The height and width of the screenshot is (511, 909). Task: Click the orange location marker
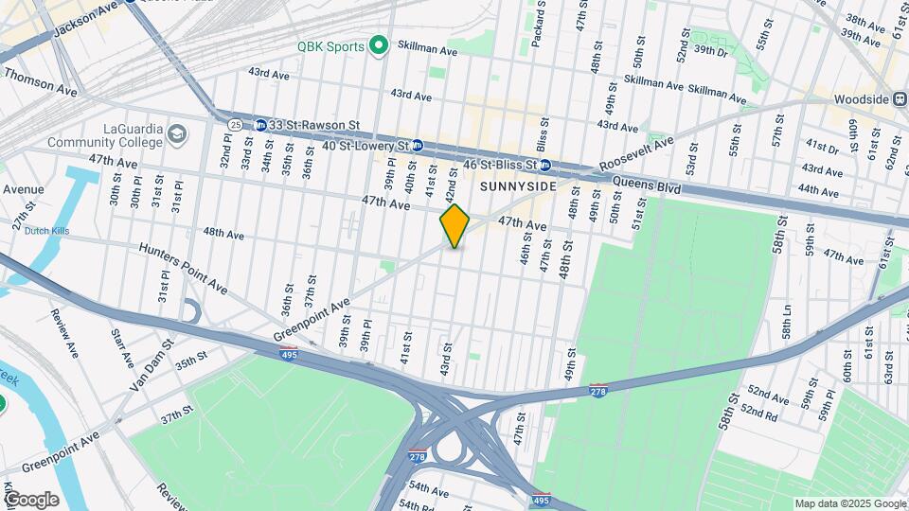(x=454, y=226)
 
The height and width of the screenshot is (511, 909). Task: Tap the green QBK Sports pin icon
(x=380, y=44)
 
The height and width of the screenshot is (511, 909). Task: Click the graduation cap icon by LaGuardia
(x=176, y=135)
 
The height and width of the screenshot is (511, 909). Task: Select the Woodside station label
(x=861, y=99)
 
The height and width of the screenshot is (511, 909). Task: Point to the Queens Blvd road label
(x=647, y=186)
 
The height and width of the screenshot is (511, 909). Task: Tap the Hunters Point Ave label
(x=183, y=267)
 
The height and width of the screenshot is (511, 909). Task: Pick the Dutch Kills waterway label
(x=48, y=230)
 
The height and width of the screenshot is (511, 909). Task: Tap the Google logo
(x=32, y=499)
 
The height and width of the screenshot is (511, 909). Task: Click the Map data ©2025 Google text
(x=850, y=503)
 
